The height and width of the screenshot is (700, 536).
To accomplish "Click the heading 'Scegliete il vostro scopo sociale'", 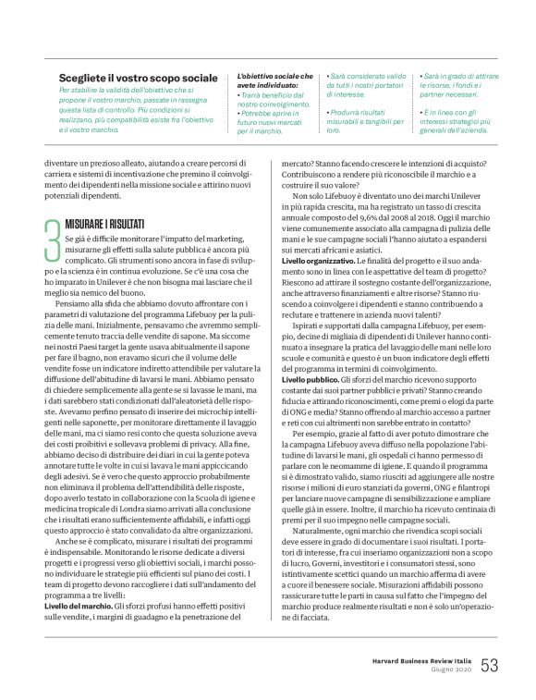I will pyautogui.click(x=139, y=80).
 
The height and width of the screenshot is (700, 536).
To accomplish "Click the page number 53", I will pyautogui.click(x=489, y=665).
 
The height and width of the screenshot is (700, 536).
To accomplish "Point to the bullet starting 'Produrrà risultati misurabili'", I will pyautogui.click(x=366, y=116).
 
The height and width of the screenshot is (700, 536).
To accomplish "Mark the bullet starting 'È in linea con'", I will pyautogui.click(x=459, y=116).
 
